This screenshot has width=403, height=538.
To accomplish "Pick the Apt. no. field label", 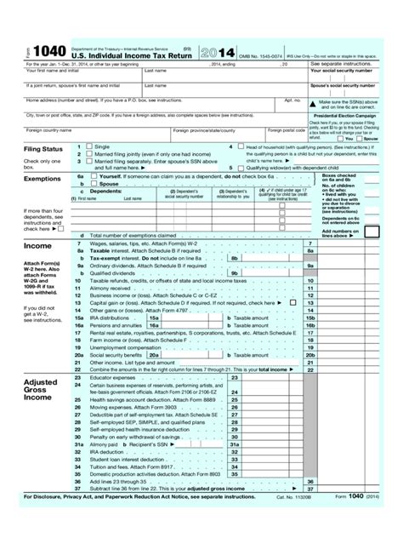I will coord(293,99).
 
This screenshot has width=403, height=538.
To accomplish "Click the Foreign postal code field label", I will coord(281,130).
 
